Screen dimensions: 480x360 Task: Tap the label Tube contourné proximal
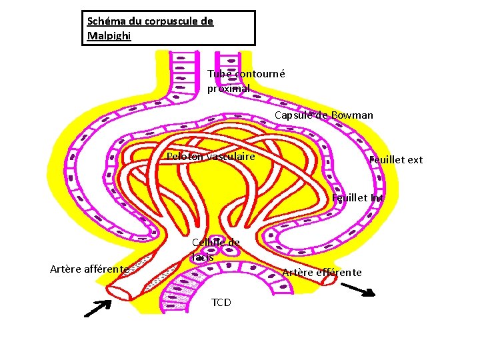coord(245,81)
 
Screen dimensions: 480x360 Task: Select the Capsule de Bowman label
coord(324,115)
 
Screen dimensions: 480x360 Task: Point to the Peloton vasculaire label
coord(211,156)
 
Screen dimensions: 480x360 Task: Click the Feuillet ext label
coord(396,159)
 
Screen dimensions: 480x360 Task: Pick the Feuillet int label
coord(357,197)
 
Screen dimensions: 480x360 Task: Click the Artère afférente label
coord(89,269)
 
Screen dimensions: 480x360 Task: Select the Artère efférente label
coord(322,272)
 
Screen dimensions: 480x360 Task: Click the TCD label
coord(221,303)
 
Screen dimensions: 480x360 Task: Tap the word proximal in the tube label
coord(228,88)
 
